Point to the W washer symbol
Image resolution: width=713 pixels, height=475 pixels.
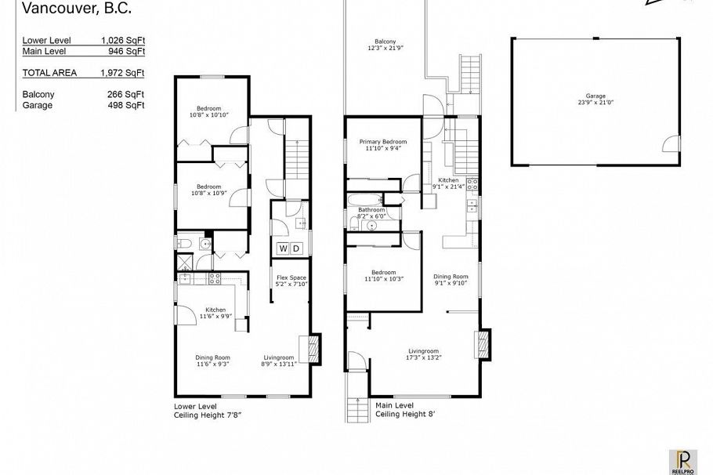282,248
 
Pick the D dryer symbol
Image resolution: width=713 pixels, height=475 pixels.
296,248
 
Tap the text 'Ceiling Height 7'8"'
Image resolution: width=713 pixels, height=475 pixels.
207,415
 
